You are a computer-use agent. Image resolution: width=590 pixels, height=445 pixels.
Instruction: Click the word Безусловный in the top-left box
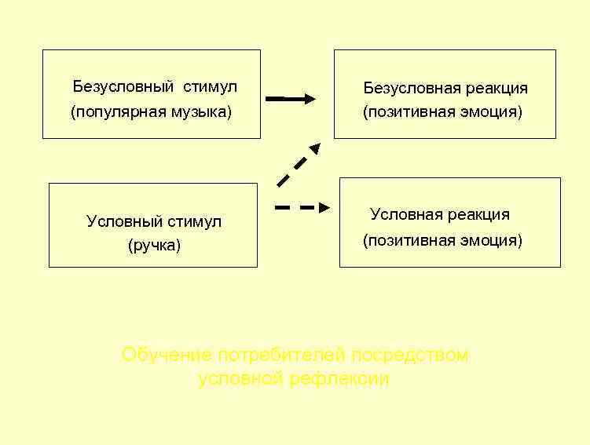123,87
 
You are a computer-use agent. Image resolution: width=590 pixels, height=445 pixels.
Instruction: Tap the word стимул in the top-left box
211,87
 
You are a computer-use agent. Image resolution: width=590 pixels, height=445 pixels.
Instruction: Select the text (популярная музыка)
152,111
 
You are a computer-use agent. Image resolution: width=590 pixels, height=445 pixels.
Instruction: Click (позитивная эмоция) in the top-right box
442,112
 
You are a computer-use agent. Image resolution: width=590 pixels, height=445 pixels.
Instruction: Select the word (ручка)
154,246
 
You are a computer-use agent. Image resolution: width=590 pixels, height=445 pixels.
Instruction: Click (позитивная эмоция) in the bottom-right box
442,240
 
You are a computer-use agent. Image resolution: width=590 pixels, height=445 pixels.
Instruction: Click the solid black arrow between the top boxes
291,99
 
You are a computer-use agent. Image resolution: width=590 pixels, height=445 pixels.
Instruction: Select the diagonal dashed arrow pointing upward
299,165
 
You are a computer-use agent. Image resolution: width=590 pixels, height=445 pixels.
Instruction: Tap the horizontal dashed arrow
302,208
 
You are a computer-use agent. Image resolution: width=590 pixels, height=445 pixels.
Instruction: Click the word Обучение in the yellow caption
167,355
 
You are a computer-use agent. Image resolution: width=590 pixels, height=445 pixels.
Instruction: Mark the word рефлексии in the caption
339,379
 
